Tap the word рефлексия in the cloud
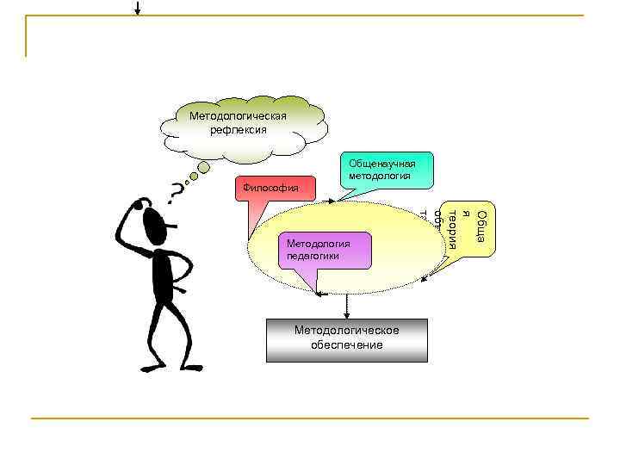click(239, 130)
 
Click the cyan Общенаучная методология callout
click(382, 169)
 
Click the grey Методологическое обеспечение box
click(347, 338)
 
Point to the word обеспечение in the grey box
click(347, 345)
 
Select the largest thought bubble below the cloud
click(203, 167)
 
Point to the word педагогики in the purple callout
click(315, 256)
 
